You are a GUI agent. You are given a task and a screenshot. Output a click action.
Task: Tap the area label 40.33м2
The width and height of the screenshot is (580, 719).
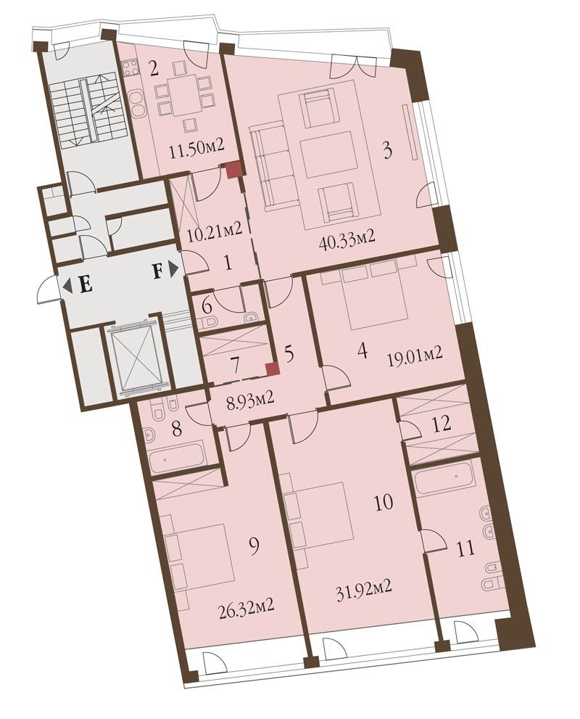[x=347, y=237]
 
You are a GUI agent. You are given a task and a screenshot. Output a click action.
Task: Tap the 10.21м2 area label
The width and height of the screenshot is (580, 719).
[x=215, y=229]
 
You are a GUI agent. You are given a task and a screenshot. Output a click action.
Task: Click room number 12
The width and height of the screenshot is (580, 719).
[x=442, y=423]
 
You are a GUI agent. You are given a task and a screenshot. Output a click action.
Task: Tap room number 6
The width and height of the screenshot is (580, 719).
[x=207, y=305]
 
